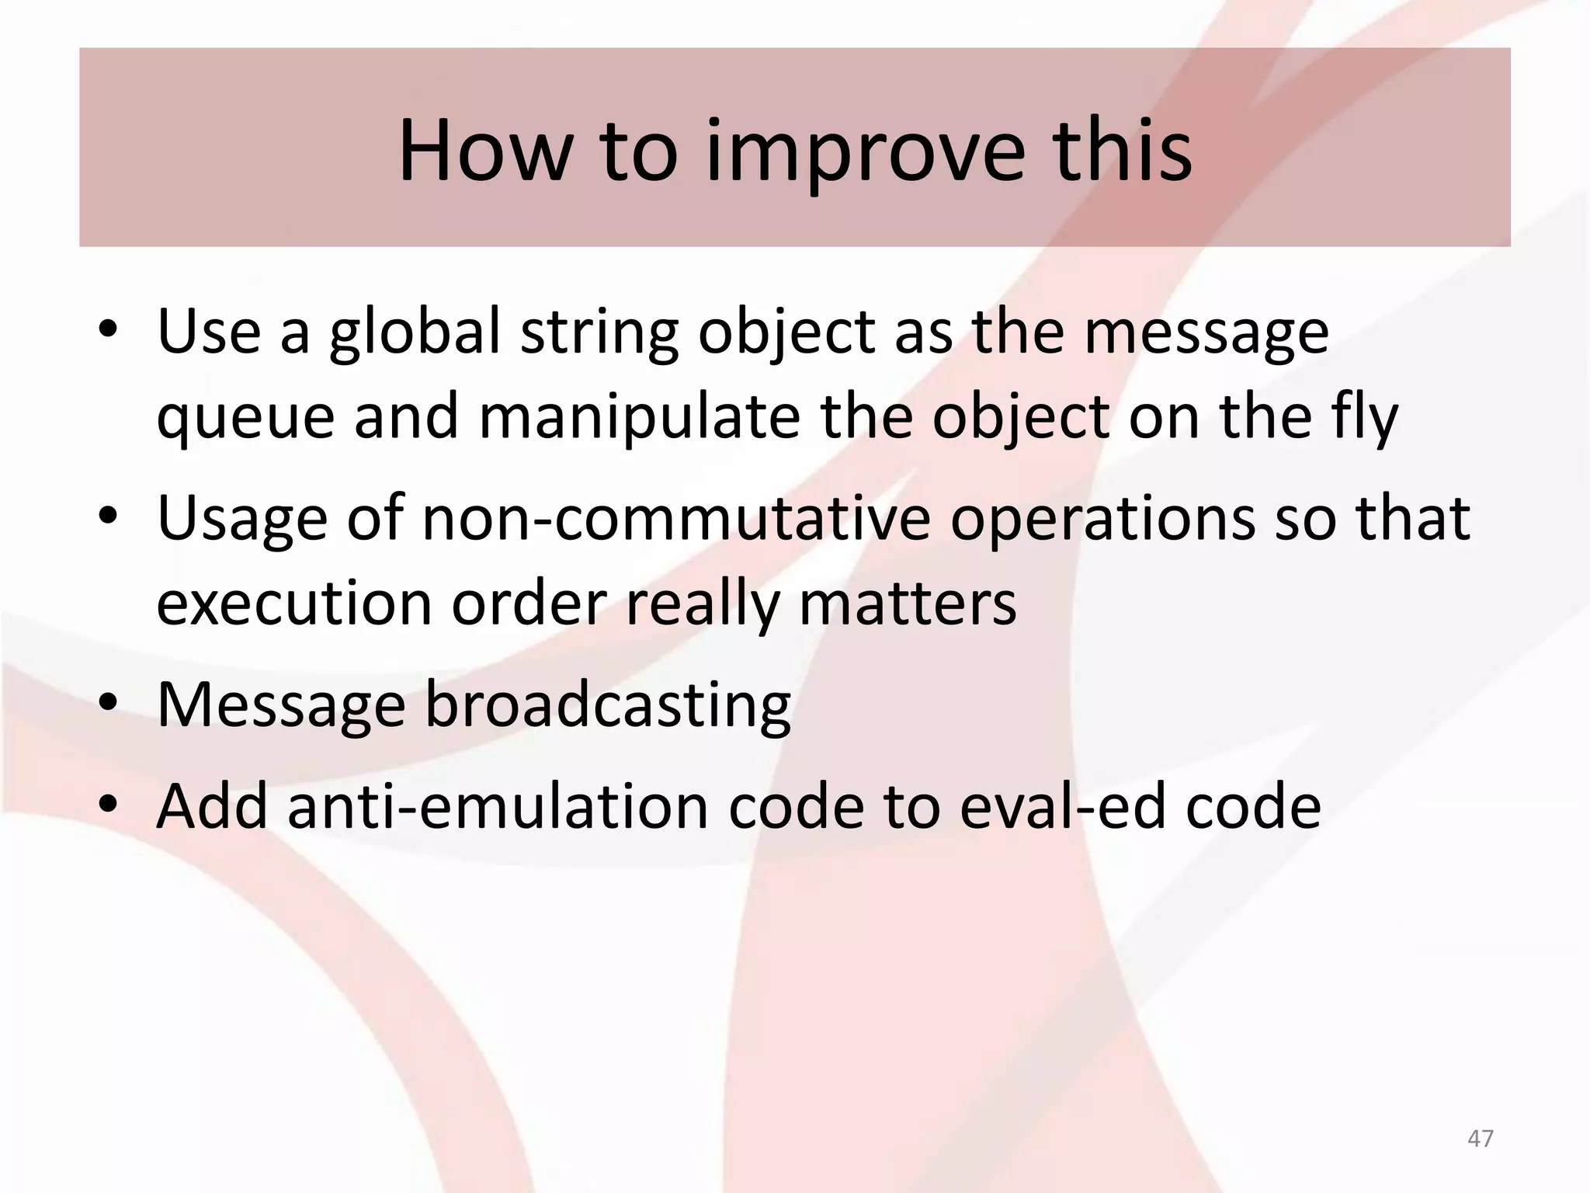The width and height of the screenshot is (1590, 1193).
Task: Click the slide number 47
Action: (1481, 1139)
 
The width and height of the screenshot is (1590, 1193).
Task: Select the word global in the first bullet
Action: (415, 332)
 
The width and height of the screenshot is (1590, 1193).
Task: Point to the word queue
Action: (245, 418)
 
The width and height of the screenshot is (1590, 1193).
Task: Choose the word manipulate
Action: (639, 418)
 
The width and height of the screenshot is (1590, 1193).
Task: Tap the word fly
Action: (1364, 418)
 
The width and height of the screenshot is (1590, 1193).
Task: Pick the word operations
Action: (1102, 518)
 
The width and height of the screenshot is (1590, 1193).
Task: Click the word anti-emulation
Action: (498, 806)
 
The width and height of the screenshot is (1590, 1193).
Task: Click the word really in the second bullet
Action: (702, 603)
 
